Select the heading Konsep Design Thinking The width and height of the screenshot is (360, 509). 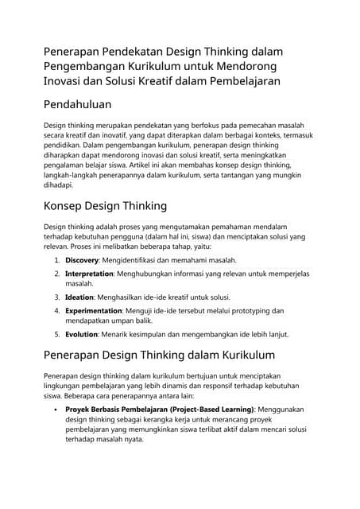[x=105, y=206]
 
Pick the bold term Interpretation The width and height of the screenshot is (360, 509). [x=90, y=274]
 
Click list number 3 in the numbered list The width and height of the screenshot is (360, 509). [x=57, y=297]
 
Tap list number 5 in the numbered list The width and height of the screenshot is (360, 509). [x=57, y=334]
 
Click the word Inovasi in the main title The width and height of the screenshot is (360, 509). [x=65, y=80]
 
